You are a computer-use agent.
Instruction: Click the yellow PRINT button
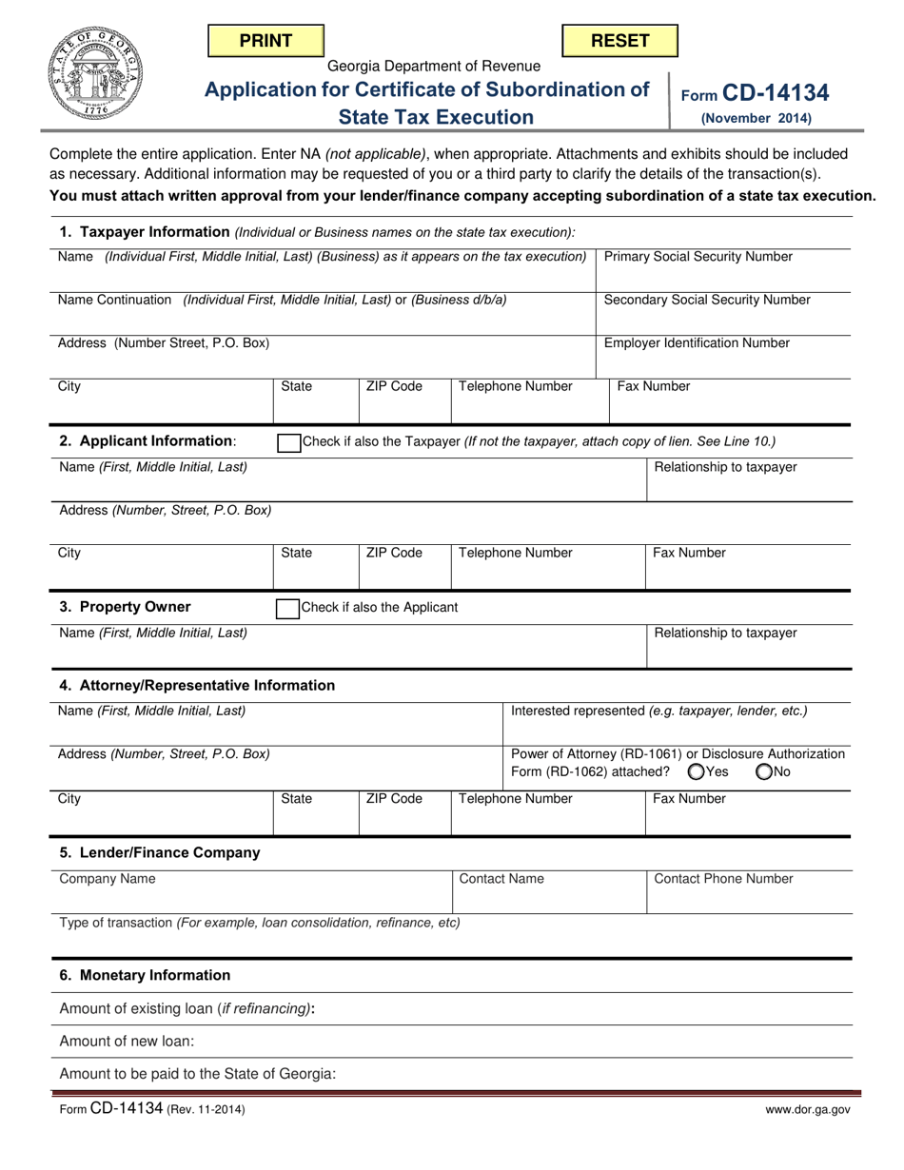click(265, 41)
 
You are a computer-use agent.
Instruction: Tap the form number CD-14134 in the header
click(775, 93)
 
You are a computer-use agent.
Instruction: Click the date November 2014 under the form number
click(757, 120)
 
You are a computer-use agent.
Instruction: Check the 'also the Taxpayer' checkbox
click(286, 442)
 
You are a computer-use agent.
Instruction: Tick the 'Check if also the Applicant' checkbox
click(286, 608)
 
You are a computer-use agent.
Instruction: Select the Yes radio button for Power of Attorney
click(697, 772)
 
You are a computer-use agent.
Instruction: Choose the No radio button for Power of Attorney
click(764, 772)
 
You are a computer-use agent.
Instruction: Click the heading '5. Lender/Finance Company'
click(160, 852)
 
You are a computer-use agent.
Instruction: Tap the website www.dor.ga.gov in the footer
click(808, 1109)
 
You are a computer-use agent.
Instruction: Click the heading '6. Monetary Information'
click(145, 975)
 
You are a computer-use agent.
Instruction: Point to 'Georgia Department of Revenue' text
click(434, 67)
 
